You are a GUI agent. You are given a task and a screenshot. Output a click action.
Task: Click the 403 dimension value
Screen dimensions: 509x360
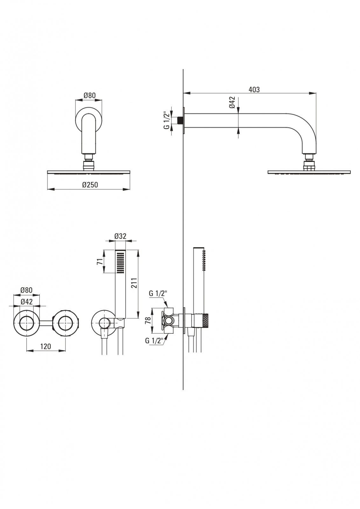[x=254, y=90]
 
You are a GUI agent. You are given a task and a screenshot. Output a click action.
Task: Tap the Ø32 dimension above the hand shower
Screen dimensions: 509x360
[x=120, y=236]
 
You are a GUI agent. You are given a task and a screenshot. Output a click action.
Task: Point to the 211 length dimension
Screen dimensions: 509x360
[x=134, y=283]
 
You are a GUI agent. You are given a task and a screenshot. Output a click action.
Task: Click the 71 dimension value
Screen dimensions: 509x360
[x=100, y=262]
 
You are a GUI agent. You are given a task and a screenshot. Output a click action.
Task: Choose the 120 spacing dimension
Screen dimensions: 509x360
[x=46, y=346]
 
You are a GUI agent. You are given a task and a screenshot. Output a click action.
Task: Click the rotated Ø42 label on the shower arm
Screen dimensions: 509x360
[x=232, y=102]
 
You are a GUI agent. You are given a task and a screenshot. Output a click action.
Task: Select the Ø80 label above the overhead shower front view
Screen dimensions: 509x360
[x=89, y=95]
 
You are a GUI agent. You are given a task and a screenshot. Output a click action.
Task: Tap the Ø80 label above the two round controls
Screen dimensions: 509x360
[x=26, y=290]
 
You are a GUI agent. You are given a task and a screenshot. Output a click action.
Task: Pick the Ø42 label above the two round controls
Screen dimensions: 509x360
[x=26, y=302]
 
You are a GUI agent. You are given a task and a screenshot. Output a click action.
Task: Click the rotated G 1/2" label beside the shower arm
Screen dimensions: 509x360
[x=166, y=120]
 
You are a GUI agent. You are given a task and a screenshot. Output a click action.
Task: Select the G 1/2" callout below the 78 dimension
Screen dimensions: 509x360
[x=154, y=341]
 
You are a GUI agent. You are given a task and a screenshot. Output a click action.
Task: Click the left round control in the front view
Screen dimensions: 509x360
[x=26, y=322]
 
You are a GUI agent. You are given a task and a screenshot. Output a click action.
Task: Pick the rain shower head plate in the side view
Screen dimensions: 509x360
[x=309, y=172]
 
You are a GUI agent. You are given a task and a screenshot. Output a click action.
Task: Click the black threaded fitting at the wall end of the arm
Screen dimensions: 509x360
[x=180, y=121]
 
